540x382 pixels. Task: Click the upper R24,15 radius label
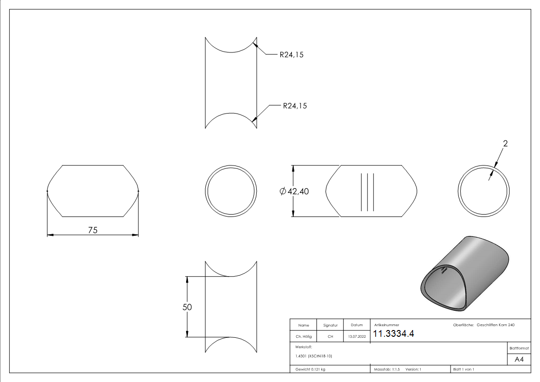(x=291, y=55)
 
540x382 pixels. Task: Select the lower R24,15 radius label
(x=295, y=106)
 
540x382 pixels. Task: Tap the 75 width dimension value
(x=93, y=230)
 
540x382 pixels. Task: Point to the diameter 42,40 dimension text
(x=294, y=191)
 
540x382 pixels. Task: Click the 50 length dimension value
(x=187, y=307)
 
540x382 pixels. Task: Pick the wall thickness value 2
(x=505, y=144)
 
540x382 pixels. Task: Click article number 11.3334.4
(x=393, y=333)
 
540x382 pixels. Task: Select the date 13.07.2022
(x=357, y=336)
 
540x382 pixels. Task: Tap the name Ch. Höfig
(x=303, y=336)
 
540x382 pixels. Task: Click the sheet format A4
(x=519, y=359)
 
